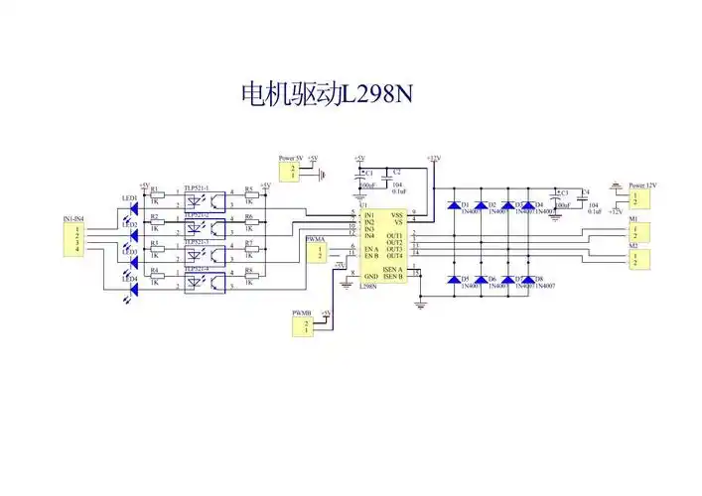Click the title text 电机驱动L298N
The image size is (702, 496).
click(327, 94)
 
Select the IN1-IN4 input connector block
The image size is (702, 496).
click(74, 238)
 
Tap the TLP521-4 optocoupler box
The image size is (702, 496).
click(205, 282)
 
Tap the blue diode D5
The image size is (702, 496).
click(454, 280)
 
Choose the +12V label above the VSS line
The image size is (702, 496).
click(432, 158)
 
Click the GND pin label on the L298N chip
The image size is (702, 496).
click(370, 276)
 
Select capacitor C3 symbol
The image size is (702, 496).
click(557, 201)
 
